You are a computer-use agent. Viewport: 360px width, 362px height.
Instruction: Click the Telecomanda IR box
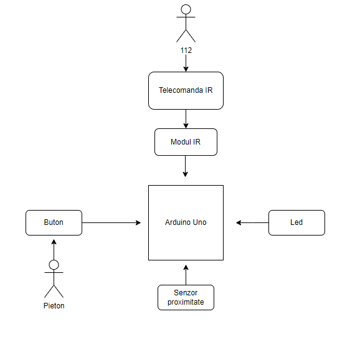(x=186, y=90)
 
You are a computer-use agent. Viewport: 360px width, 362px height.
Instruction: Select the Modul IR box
(x=186, y=142)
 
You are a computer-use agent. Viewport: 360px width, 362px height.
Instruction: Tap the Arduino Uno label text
(x=186, y=222)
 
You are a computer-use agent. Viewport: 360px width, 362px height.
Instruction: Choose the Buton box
(x=54, y=223)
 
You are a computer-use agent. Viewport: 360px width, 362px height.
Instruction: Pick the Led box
(x=296, y=223)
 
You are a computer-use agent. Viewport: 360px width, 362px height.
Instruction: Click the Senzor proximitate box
(x=186, y=298)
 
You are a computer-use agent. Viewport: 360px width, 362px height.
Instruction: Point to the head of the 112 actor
(x=186, y=9)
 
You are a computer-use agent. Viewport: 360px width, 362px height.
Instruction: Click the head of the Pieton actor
(x=54, y=265)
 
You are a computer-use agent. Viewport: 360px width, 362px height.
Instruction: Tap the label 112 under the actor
(x=186, y=50)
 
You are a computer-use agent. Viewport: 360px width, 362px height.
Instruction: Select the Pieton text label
(x=54, y=306)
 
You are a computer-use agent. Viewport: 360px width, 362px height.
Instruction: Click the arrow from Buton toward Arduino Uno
(x=111, y=223)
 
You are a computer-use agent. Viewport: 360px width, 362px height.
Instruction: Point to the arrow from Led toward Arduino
(x=252, y=223)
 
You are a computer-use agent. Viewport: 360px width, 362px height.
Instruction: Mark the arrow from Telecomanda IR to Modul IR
(x=186, y=119)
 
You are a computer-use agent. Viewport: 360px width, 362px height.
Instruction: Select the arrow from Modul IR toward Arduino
(x=186, y=166)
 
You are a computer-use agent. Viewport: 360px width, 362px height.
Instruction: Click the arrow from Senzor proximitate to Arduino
(x=186, y=275)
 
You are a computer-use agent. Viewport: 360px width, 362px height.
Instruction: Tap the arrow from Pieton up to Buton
(x=54, y=250)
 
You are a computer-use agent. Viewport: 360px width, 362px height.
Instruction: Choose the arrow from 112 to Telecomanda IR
(x=186, y=63)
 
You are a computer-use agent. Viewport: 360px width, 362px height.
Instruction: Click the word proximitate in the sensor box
(x=186, y=302)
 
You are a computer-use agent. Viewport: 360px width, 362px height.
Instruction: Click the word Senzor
(x=186, y=293)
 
